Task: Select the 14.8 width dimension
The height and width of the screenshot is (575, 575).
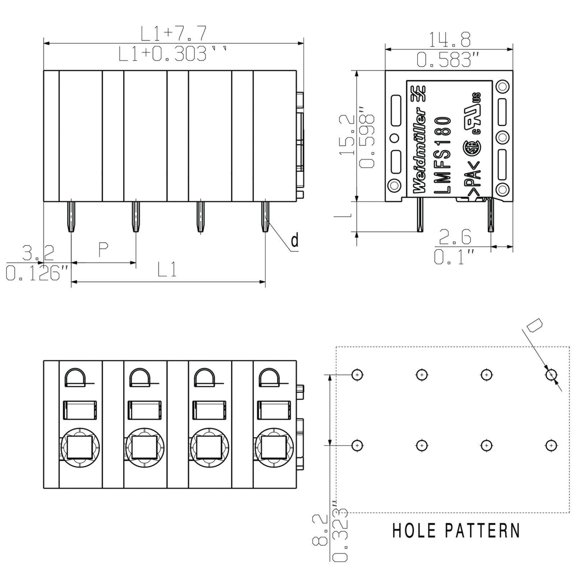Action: coord(450,40)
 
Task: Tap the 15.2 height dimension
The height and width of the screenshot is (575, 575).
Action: coord(347,135)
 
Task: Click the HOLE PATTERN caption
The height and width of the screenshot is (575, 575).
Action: coord(456,530)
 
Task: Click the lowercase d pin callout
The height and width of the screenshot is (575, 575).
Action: coord(295,240)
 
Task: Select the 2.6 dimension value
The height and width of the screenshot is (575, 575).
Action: coord(455,237)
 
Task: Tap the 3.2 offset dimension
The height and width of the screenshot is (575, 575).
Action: coord(38,253)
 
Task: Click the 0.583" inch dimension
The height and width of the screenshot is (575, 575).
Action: coord(448,60)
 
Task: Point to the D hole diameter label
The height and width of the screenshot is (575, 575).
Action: coord(534,326)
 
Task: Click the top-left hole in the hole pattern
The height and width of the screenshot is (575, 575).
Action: coord(357,374)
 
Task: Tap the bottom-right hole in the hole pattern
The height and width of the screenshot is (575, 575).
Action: coord(551,446)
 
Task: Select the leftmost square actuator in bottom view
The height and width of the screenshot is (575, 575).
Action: coord(78,447)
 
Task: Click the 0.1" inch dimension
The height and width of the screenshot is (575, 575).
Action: coord(454,257)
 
